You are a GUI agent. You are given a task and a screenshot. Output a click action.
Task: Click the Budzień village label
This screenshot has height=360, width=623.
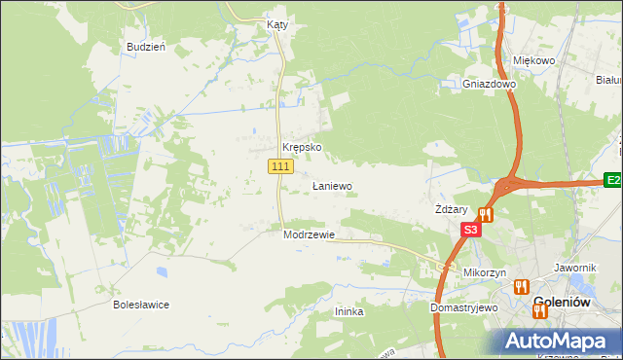click(146, 47)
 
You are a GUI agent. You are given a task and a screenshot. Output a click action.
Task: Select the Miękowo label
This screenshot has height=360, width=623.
click(533, 60)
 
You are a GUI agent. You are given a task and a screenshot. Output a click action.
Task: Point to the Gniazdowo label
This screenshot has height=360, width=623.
click(489, 85)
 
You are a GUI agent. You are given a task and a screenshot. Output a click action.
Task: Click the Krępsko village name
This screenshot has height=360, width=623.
click(302, 148)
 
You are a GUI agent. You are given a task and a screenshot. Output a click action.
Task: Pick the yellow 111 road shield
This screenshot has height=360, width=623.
click(280, 167)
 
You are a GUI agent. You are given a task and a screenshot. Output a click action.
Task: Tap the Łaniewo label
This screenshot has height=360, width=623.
click(332, 186)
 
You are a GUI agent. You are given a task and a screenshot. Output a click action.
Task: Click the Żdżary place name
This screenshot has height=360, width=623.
click(453, 210)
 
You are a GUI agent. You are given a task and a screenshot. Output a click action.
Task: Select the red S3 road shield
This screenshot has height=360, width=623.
click(470, 230)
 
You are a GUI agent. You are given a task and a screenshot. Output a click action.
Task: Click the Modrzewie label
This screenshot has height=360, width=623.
click(310, 234)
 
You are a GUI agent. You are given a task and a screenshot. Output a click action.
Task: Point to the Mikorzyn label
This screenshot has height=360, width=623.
click(485, 273)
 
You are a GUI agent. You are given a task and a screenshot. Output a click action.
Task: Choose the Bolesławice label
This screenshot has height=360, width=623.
click(141, 305)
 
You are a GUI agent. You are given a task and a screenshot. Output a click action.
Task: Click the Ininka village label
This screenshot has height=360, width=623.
click(348, 311)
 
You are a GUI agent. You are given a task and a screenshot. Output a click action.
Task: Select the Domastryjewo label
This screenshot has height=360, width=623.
click(464, 307)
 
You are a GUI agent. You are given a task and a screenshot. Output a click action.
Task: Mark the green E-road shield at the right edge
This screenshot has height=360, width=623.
click(613, 180)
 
